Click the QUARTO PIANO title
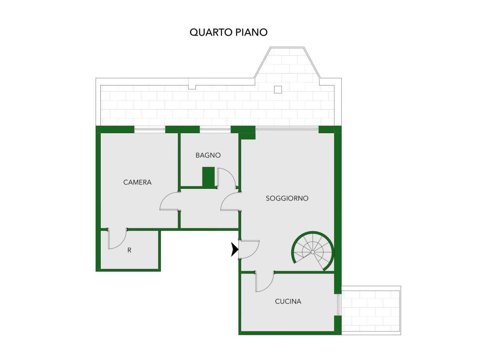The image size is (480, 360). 228,32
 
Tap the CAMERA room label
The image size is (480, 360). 137,182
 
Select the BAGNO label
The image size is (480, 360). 208,155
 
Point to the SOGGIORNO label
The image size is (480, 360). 287,198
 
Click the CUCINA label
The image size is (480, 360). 288,302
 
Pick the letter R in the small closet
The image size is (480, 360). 129,250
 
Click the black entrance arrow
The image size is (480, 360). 235,249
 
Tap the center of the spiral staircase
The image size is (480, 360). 313,252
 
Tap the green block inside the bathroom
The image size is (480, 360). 208,177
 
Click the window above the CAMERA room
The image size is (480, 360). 150,129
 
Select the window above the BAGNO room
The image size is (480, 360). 215,129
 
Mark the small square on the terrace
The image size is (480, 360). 278,90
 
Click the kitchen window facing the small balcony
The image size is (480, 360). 338,305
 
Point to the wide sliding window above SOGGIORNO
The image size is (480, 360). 287,129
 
